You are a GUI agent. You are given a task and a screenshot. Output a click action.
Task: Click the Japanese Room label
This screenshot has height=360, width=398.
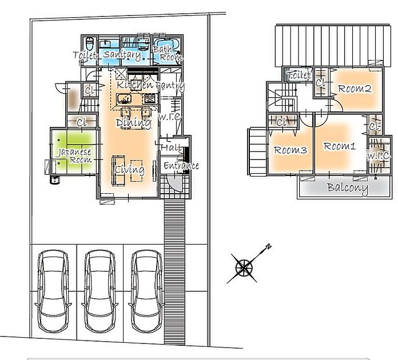coord(74,156)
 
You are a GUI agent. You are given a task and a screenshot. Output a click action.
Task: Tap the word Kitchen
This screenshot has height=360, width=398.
coord(135,85)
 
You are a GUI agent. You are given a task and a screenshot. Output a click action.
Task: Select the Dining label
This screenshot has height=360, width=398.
coord(133,122)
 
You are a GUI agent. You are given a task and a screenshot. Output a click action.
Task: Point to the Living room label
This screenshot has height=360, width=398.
coord(130,170)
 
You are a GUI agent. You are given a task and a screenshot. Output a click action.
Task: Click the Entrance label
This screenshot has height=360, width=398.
coord(181,166)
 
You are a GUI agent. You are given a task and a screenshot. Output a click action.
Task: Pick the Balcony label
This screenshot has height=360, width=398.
coord(348,188)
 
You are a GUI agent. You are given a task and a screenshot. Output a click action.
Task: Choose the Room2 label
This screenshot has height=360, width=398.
coord(355,89)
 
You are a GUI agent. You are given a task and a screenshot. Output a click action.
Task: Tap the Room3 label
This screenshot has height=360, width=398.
coord(290,150)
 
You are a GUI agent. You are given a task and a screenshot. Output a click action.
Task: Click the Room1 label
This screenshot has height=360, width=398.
coord(340,146)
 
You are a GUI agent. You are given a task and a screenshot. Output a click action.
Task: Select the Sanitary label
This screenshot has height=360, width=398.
coord(122,55)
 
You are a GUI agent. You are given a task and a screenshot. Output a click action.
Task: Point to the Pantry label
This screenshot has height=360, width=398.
coord(170,86)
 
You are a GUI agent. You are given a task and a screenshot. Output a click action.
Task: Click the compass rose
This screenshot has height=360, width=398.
coord(244,267)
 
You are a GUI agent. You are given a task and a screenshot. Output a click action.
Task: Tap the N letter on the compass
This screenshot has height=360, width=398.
coord(269,246)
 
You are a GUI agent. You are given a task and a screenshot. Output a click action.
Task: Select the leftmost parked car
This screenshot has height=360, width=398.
coord(53,291)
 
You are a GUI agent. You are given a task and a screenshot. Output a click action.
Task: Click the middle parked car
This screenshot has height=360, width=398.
coord(100,291)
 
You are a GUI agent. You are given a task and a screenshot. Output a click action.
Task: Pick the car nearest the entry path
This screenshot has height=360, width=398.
coord(146,291)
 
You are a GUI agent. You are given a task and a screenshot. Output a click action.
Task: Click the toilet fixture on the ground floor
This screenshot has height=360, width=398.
coord(89,43)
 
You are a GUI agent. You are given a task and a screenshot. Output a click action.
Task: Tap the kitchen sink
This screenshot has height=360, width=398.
coord(124,99)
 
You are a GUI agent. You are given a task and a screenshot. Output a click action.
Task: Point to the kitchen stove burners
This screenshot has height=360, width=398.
coord(150,98)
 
